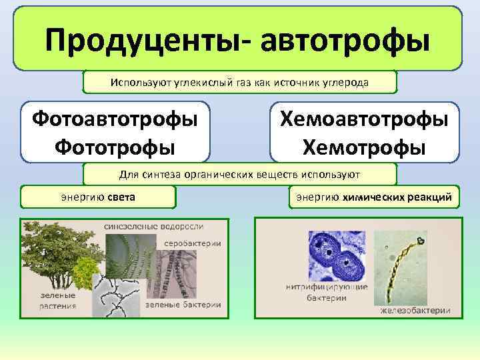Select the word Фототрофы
point(115,145)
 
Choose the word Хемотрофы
point(364,145)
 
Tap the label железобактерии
point(415,310)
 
